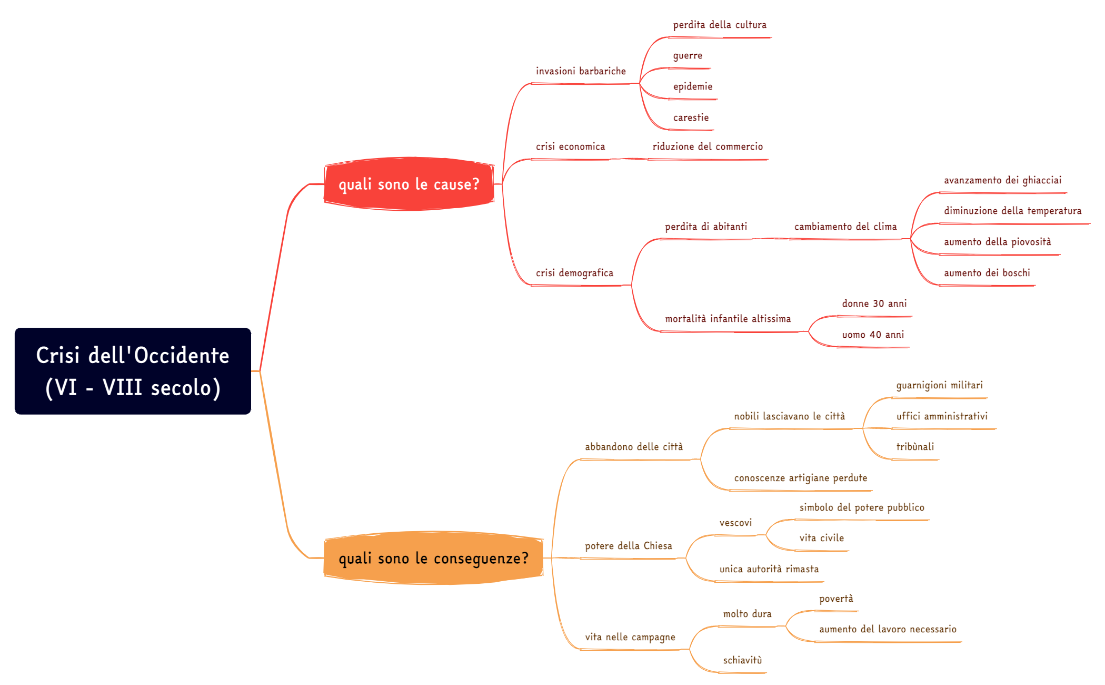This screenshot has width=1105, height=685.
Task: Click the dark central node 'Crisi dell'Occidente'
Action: [x=133, y=371]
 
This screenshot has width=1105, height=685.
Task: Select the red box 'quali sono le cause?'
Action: [x=409, y=184]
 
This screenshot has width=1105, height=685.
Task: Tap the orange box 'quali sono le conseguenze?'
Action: [x=433, y=558]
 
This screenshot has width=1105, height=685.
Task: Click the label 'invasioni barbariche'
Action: [x=581, y=71]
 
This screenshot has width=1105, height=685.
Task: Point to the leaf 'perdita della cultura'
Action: [x=720, y=25]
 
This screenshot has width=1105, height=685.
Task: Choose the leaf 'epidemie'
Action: [x=693, y=86]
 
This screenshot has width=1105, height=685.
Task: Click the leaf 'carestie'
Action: [x=691, y=118]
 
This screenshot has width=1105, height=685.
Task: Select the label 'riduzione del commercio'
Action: [x=708, y=146]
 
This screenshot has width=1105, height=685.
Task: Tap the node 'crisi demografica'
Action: [x=574, y=273]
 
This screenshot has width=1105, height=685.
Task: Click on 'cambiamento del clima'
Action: [x=845, y=227]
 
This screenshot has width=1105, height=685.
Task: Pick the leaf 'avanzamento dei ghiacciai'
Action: [x=1002, y=180]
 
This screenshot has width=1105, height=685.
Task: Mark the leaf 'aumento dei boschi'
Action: [x=987, y=273]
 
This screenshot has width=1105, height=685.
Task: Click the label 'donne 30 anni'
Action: [x=874, y=304]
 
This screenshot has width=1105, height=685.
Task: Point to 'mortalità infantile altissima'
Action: [x=728, y=319]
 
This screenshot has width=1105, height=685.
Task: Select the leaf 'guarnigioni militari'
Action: [x=939, y=385]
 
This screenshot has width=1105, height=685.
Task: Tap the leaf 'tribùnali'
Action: [x=915, y=447]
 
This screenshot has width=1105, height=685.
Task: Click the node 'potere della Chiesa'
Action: [x=628, y=546]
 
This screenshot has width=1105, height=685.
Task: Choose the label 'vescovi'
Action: [x=735, y=523]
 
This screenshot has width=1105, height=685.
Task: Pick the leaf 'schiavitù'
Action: [x=742, y=660]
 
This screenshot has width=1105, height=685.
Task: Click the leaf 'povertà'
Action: [x=836, y=599]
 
